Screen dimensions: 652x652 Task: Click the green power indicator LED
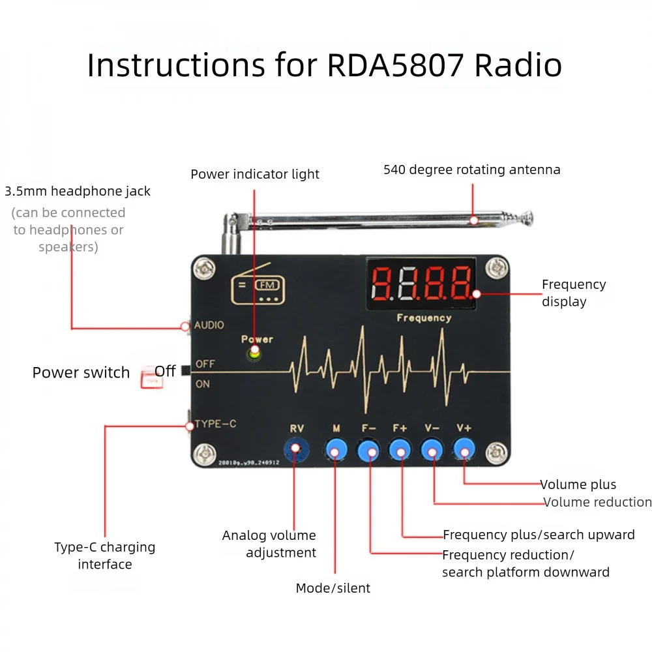coord(254,353)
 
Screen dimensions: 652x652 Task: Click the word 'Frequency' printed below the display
coord(424,318)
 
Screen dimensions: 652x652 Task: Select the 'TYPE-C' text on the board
coord(215,424)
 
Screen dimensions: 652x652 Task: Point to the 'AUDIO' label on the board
coord(209,325)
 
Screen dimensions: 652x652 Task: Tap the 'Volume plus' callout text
coord(578,484)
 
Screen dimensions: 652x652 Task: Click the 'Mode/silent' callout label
coord(333,588)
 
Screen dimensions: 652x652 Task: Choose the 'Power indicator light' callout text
coord(255,174)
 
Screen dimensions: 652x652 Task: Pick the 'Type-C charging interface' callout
coord(105,556)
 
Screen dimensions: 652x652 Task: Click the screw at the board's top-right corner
coord(498,267)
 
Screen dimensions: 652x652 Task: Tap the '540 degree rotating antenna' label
coord(471,170)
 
